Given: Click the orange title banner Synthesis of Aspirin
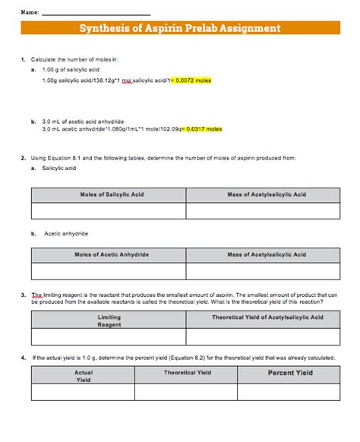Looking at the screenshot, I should point(180,29).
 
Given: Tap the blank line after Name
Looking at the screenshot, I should point(96,13).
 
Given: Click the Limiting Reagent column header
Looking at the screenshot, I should point(109,320).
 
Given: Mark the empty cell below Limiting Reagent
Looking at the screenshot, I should point(109,337).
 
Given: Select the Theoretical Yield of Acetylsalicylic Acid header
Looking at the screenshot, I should point(267,317).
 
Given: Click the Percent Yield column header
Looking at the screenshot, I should point(290,373).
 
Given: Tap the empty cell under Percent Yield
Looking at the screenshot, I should point(290,392).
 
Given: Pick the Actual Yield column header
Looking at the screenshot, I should point(84,376).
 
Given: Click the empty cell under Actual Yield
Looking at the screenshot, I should point(84,392).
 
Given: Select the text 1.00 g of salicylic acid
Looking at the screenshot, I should point(71,69).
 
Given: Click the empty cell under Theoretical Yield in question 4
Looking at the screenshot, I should point(188,392).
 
